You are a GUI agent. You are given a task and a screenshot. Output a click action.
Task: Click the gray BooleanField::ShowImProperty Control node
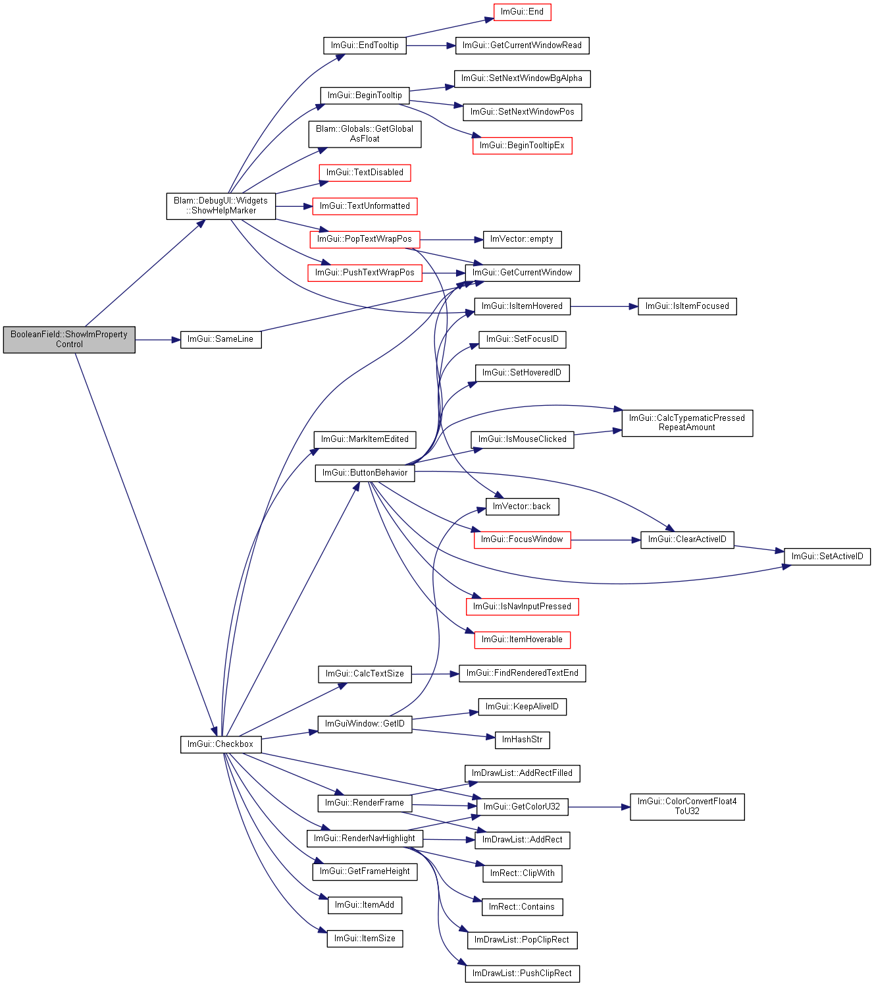tap(69, 339)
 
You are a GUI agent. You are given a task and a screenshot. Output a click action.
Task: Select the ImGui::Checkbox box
tap(221, 744)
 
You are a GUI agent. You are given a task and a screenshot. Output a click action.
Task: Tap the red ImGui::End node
tap(522, 12)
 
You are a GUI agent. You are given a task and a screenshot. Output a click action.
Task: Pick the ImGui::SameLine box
tap(221, 339)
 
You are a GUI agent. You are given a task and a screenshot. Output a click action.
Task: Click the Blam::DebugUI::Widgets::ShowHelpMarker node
tap(221, 206)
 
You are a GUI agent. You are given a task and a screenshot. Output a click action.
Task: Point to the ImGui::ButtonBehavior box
tap(365, 473)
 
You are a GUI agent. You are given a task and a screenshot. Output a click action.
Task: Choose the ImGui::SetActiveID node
tap(827, 557)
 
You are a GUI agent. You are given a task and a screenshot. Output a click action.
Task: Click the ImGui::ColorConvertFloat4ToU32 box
tap(686, 806)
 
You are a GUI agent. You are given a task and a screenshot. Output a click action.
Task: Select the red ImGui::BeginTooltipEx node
tap(522, 146)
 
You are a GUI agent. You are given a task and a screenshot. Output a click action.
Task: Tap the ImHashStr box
tap(522, 740)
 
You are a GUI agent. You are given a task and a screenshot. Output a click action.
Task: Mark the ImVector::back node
tap(522, 506)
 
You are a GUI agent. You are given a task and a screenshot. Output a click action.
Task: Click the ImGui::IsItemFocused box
tap(686, 306)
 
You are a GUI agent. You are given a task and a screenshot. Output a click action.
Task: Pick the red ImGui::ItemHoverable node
tap(522, 640)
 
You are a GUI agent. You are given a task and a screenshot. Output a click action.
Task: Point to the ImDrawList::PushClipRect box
tap(522, 973)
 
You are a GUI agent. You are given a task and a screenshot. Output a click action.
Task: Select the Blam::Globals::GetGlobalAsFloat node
tap(365, 134)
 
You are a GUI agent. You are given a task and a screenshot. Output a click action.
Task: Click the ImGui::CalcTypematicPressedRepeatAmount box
tap(686, 423)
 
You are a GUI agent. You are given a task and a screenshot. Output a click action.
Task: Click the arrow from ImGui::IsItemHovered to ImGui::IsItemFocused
tap(604, 307)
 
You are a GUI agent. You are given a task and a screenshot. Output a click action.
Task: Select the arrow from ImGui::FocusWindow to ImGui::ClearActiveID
tap(605, 539)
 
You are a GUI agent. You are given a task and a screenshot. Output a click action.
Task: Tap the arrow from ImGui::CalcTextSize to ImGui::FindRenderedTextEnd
tap(435, 674)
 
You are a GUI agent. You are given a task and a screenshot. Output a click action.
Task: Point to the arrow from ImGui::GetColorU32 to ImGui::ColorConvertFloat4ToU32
tap(599, 807)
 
